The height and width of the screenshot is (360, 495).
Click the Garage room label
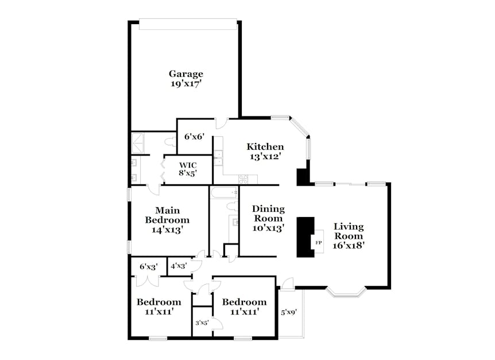tap(185, 74)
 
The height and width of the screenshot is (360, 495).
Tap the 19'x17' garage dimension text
tap(185, 84)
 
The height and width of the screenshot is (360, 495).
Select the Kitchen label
tap(265, 146)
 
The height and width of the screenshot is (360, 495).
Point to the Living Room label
tap(349, 231)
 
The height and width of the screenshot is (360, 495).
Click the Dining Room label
tap(268, 214)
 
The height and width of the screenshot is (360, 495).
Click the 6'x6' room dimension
tap(195, 137)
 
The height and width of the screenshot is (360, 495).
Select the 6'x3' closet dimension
tap(149, 267)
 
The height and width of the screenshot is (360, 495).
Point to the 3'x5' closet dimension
tap(202, 323)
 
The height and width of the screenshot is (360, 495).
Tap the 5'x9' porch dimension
tap(289, 313)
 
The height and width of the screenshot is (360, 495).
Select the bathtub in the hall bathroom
tap(224, 192)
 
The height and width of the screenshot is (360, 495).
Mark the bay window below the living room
tap(346, 293)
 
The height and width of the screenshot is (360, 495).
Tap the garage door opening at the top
tap(188, 24)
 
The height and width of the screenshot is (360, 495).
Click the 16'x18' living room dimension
tap(349, 245)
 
